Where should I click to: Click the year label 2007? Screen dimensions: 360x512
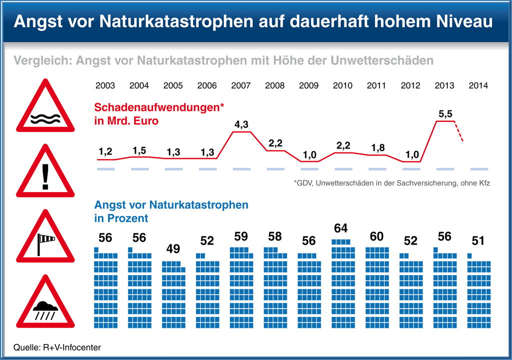(x=241, y=85)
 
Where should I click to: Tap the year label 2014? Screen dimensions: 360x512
(x=478, y=85)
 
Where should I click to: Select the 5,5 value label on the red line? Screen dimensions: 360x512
(x=445, y=114)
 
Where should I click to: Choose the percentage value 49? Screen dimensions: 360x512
(x=173, y=248)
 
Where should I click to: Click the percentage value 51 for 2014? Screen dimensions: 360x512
(x=478, y=241)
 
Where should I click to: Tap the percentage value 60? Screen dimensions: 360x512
(x=377, y=236)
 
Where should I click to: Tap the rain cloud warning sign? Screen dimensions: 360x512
(x=45, y=303)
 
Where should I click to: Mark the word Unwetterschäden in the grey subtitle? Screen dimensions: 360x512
(x=381, y=61)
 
